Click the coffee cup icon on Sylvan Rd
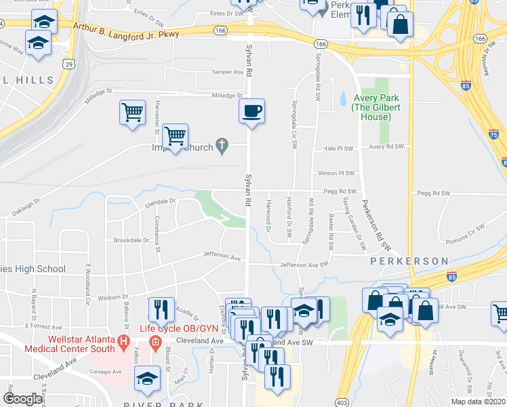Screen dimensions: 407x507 (x=251, y=111)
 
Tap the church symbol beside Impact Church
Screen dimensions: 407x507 (x=221, y=145)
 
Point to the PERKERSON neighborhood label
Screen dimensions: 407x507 (x=409, y=261)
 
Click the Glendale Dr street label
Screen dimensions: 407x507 (x=159, y=201)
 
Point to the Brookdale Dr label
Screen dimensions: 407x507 (x=131, y=240)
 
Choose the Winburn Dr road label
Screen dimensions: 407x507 (x=113, y=297)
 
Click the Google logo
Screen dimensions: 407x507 (x=23, y=399)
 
